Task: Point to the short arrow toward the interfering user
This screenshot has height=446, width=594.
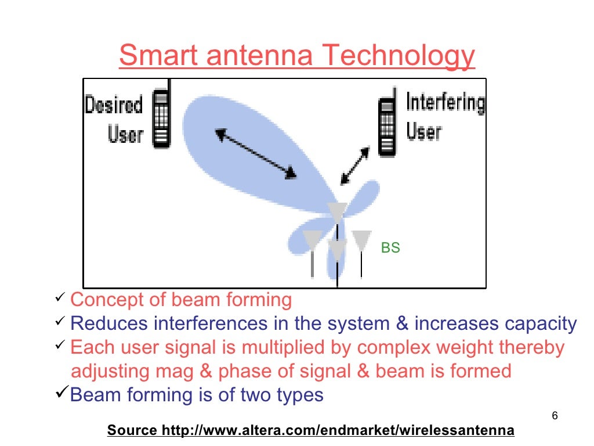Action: (x=355, y=165)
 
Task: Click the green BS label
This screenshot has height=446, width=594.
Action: (x=390, y=248)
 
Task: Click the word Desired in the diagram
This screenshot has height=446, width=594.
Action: (x=114, y=105)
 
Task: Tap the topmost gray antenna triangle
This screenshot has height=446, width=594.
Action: (x=337, y=211)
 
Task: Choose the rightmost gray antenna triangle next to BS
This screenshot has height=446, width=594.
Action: (x=361, y=239)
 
